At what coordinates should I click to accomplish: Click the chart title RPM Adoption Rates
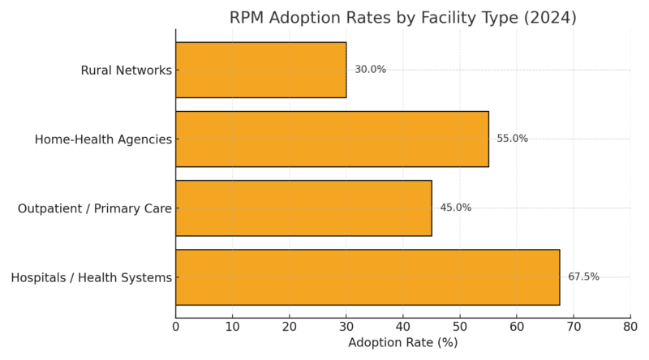pos(402,18)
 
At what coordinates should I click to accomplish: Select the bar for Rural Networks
pos(261,70)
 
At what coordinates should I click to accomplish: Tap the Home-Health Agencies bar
pos(332,139)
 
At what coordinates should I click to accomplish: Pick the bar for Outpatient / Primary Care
pos(303,208)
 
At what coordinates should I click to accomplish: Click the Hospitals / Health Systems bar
pos(367,277)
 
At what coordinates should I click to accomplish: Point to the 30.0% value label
pos(370,70)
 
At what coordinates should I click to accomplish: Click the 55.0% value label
pos(512,139)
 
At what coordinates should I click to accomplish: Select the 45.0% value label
pos(455,208)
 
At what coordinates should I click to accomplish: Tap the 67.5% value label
pos(583,277)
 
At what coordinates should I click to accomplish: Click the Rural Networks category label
pos(126,71)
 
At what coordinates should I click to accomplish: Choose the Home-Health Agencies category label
pos(103,139)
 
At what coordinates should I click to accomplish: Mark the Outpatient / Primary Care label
pos(95,208)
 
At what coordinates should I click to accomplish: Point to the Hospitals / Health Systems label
pos(91,278)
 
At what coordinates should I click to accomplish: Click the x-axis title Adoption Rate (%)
pos(402,343)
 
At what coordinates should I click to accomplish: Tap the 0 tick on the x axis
pos(176,326)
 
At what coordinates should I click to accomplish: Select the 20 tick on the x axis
pos(290,326)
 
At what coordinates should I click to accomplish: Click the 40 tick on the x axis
pos(403,326)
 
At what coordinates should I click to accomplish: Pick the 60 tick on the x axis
pos(517,326)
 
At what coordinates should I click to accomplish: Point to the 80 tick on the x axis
pos(630,326)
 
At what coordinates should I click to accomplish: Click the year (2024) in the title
pos(549,18)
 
